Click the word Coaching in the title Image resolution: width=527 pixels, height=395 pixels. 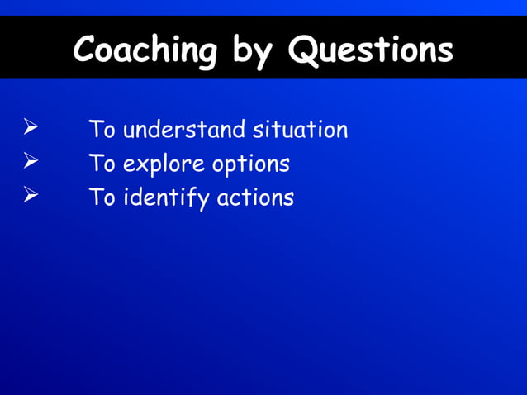coord(145,50)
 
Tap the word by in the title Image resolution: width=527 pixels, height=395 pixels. coord(252,51)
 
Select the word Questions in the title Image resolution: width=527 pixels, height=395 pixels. coord(371,50)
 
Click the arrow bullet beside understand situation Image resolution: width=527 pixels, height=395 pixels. coord(31,128)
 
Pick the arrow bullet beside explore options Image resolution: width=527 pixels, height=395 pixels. coord(31,162)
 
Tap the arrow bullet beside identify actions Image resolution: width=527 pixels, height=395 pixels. coord(31,196)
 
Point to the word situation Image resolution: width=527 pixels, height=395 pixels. coord(301,130)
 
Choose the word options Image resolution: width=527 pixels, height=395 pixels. coord(251,164)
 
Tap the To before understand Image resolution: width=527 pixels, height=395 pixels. coord(102,130)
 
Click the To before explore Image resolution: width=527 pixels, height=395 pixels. coord(102,164)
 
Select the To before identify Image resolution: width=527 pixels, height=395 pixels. coord(102,197)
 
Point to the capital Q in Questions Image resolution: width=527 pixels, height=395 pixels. coord(303,50)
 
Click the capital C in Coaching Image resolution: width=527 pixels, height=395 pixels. coord(85,50)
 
